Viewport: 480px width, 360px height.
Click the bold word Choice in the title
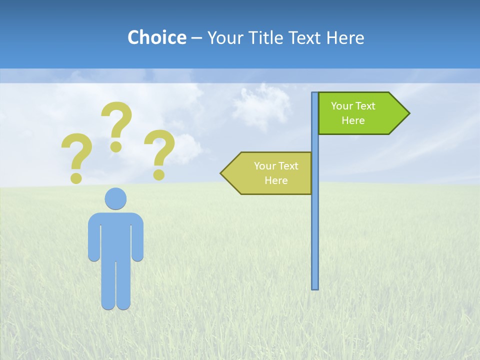(x=156, y=37)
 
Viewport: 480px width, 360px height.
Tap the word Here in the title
(x=345, y=37)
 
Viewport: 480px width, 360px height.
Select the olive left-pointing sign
(x=270, y=173)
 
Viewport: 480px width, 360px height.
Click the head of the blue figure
(x=115, y=198)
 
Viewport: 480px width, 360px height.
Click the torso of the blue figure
(x=115, y=235)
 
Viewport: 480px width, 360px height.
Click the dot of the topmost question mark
(x=116, y=146)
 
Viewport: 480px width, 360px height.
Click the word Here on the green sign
(x=353, y=120)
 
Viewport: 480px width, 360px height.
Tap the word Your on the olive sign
(x=263, y=166)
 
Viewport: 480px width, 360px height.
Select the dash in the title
(x=196, y=38)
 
